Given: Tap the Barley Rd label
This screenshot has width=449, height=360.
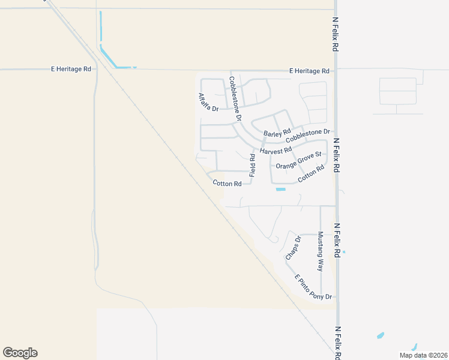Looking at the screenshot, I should pos(277,132).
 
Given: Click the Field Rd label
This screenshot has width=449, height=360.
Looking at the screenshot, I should pos(252,165).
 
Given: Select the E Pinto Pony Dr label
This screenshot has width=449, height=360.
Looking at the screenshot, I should pos(313,287).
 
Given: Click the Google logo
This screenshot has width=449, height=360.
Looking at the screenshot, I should pos(20,353).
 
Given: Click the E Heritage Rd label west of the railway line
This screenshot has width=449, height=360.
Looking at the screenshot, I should pos(71,69).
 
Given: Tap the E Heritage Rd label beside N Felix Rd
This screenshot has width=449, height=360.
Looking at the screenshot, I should pos(309,71).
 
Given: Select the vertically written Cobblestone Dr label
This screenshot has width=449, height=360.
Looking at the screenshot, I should pos(235,98).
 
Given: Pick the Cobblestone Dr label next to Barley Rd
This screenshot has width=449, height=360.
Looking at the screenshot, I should pos(308,136).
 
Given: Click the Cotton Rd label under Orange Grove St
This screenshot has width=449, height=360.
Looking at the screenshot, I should pos(311,173).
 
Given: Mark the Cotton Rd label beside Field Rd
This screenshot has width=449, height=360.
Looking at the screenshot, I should pos(227,184).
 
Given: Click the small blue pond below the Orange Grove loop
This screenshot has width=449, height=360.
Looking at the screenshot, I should pos(280,190).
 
